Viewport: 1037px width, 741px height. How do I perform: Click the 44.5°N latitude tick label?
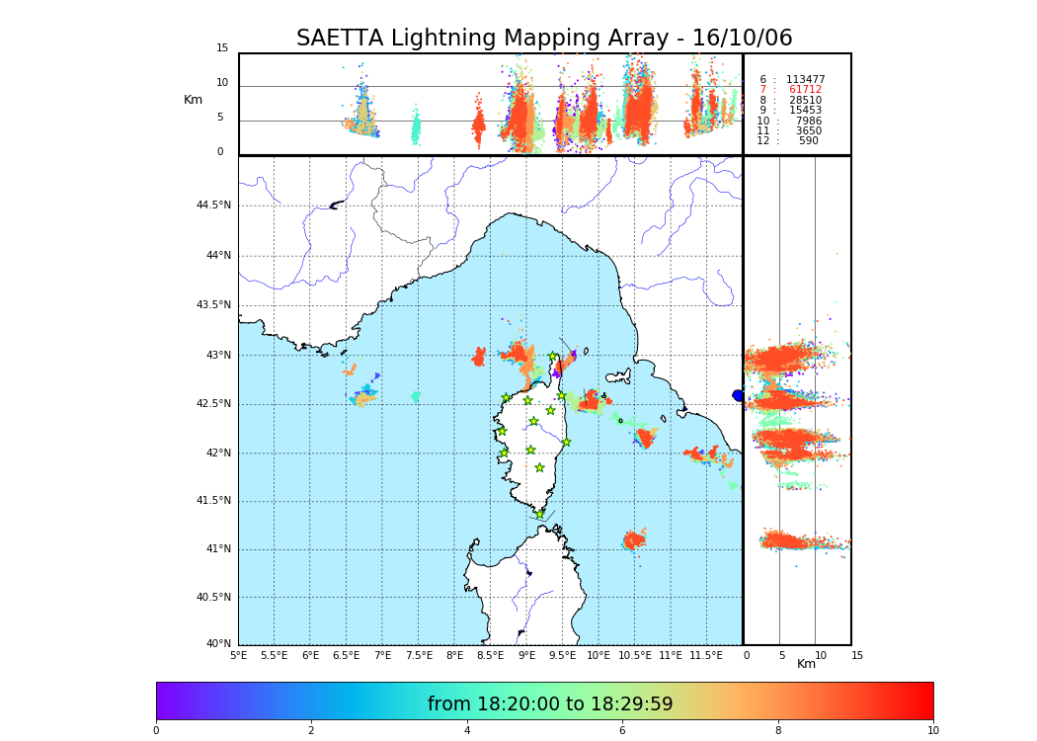coord(212,206)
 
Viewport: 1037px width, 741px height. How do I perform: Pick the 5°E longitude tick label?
coord(238,655)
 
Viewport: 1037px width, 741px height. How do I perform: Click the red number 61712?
coord(804,90)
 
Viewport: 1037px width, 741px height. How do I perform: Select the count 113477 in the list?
coord(805,80)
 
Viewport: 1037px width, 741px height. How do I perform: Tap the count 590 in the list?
coord(808,141)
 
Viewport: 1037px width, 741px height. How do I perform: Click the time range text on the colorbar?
coord(550,704)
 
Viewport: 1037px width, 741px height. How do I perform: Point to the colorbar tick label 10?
coord(932,730)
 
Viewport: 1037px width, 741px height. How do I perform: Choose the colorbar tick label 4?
coord(467,730)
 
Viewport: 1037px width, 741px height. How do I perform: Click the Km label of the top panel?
coord(193,100)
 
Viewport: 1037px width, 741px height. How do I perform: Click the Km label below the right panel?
coord(806,664)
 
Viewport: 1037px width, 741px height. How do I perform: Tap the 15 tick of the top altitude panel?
coord(222,48)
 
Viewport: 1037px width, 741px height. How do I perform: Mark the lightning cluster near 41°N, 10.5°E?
coord(633,539)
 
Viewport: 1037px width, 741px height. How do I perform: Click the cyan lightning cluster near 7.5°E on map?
coord(416,396)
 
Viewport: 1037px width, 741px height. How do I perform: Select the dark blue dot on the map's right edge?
coord(738,395)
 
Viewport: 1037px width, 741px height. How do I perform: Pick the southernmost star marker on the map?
coord(539,514)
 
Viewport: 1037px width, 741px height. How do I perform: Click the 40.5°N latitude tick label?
coord(212,598)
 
